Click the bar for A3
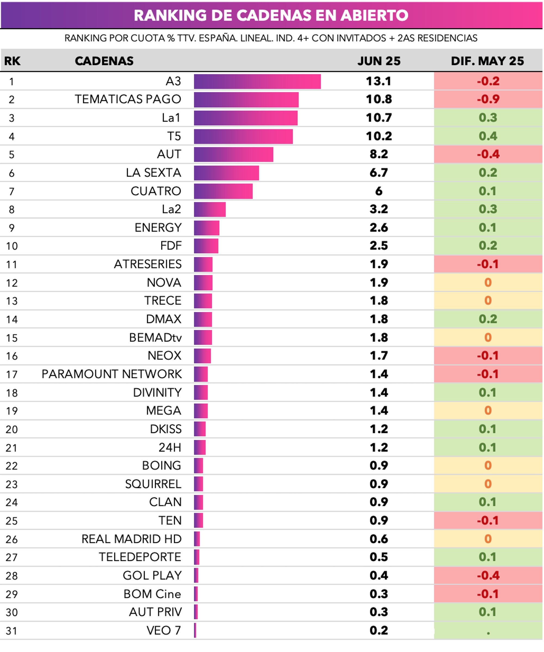(x=257, y=82)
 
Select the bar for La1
(x=246, y=118)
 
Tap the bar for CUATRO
(x=223, y=191)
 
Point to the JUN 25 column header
(x=379, y=61)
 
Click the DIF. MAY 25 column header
(x=487, y=61)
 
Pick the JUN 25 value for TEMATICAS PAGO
(x=379, y=99)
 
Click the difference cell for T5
(x=488, y=136)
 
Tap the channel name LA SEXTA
(x=153, y=173)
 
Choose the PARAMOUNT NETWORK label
(x=112, y=374)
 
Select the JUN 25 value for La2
(x=379, y=209)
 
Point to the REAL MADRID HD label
(x=131, y=539)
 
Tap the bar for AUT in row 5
(x=233, y=154)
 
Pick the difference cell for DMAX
(x=488, y=319)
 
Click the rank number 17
(x=12, y=375)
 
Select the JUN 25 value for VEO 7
(x=379, y=631)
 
